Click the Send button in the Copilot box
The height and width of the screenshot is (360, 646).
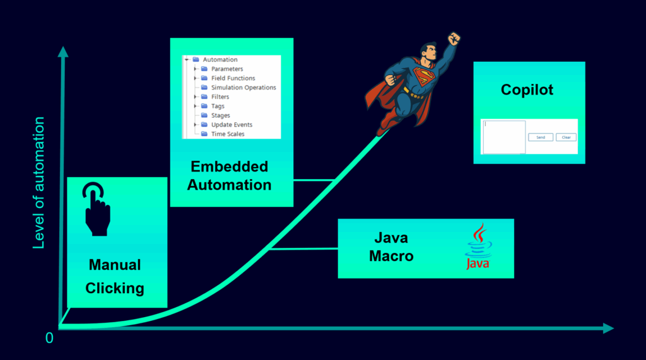pos(541,137)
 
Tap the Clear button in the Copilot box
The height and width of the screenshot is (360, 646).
pos(566,137)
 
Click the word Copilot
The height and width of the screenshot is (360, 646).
pos(527,90)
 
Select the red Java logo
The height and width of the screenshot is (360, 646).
pos(478,247)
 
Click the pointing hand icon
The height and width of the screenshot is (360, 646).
pos(97,209)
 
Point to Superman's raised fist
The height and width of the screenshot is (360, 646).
pos(454,38)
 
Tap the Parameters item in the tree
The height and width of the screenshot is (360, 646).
pos(227,69)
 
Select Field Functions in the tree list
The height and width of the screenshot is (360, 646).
pos(233,78)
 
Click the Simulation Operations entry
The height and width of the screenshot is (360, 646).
pos(244,88)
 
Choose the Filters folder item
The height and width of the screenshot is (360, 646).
pos(220,97)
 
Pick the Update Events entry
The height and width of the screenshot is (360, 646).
pos(232,124)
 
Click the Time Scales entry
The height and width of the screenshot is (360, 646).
pos(228,134)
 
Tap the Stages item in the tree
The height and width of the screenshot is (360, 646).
pos(220,115)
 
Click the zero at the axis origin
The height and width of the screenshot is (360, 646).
pos(49,338)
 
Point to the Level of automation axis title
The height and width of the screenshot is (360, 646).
pos(38,183)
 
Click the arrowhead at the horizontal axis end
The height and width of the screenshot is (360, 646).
pos(609,328)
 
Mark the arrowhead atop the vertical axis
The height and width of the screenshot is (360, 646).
pos(63,52)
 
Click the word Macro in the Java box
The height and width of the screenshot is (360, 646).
pos(391,256)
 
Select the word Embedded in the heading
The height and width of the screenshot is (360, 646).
pos(230,166)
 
